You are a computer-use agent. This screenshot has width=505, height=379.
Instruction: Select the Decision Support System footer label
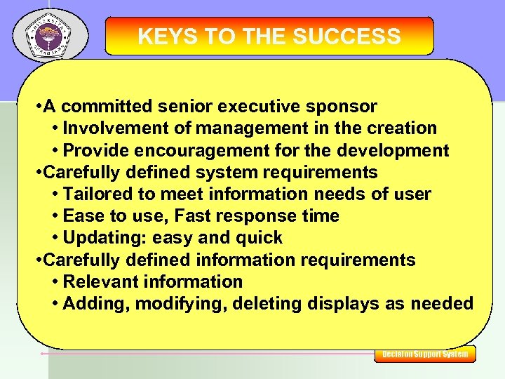[425, 354]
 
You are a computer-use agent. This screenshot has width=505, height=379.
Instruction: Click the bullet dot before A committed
[38, 107]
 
